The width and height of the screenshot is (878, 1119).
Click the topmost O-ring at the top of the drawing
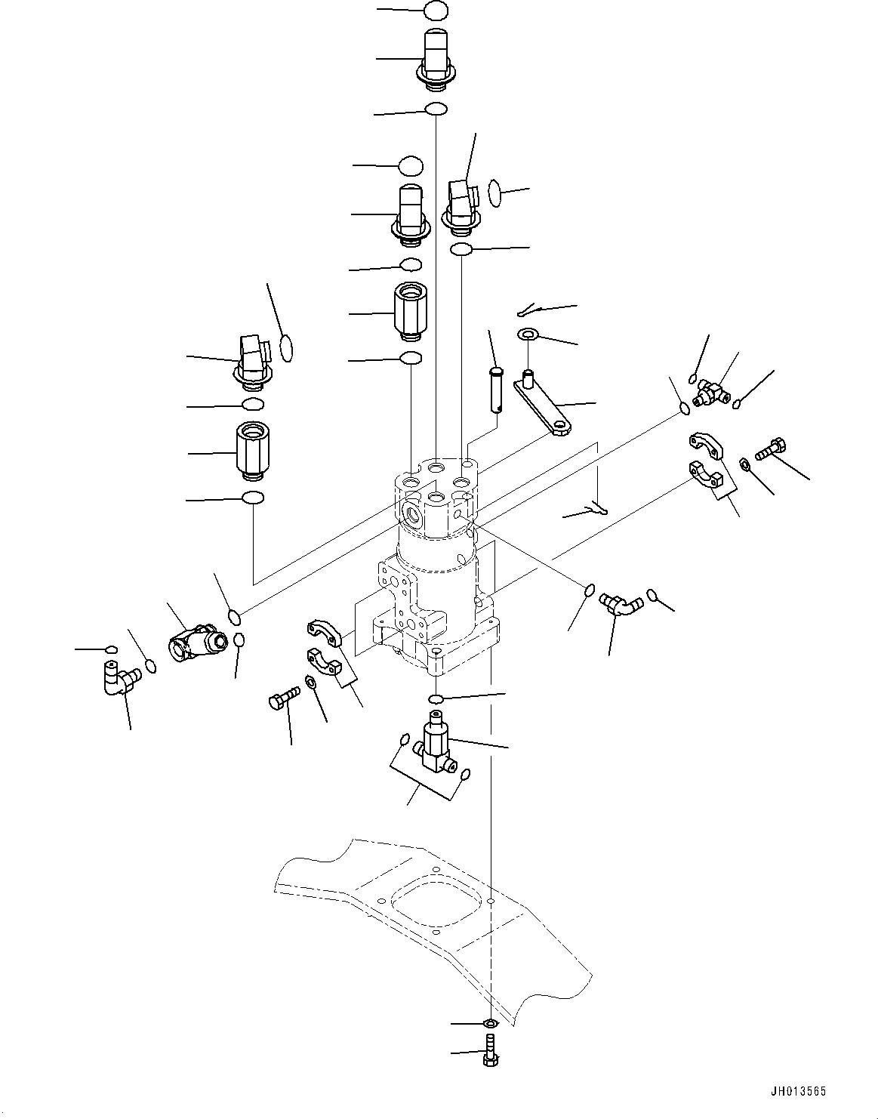[x=436, y=11]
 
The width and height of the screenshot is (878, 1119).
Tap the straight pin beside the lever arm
[x=494, y=389]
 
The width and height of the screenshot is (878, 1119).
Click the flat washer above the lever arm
[x=527, y=334]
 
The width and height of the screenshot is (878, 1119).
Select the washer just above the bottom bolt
[x=491, y=1024]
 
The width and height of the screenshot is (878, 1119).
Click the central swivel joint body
[x=436, y=566]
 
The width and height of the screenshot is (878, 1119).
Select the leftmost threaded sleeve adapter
[x=249, y=450]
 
